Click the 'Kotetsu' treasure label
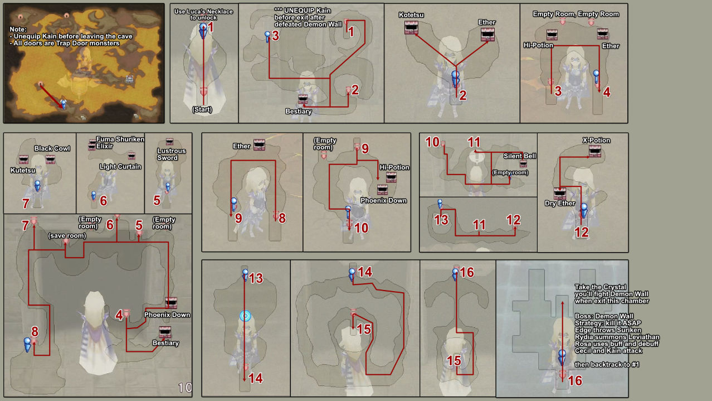pyautogui.click(x=411, y=15)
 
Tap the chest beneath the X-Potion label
pyautogui.click(x=595, y=151)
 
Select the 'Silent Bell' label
pyautogui.click(x=520, y=156)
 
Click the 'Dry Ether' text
pyautogui.click(x=560, y=203)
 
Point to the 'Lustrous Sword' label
pyautogui.click(x=172, y=154)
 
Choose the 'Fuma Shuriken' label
pyautogui.click(x=120, y=139)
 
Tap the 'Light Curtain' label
pyautogui.click(x=120, y=166)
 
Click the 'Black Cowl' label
pyautogui.click(x=52, y=148)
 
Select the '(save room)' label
pyautogui.click(x=67, y=235)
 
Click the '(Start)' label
pyautogui.click(x=202, y=109)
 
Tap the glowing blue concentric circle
pyautogui.click(x=245, y=316)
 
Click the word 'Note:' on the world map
pyautogui.click(x=18, y=29)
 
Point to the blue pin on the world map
pyautogui.click(x=64, y=104)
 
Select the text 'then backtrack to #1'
pyautogui.click(x=607, y=364)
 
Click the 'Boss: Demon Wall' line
pyautogui.click(x=604, y=316)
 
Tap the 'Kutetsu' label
pyautogui.click(x=23, y=170)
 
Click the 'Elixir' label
pyautogui.click(x=105, y=146)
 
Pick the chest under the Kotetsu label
pyautogui.click(x=411, y=28)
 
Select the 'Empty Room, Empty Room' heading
pyautogui.click(x=576, y=14)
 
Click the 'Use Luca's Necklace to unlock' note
pyautogui.click(x=203, y=15)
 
